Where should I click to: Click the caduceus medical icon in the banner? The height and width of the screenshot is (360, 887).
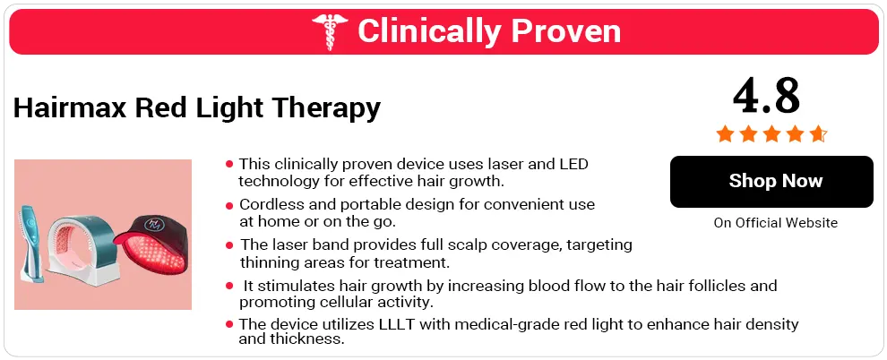(x=331, y=31)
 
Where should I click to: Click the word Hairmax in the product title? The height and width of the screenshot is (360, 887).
(x=70, y=107)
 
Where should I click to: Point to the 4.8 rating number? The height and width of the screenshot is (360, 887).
(x=767, y=96)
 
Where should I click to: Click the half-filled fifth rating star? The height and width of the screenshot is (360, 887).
(x=818, y=134)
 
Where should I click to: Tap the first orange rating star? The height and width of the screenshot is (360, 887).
(x=725, y=134)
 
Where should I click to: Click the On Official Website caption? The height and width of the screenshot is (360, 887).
(x=776, y=223)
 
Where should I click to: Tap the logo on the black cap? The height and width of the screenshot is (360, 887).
(x=154, y=224)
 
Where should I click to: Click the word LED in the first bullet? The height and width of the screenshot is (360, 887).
(x=573, y=164)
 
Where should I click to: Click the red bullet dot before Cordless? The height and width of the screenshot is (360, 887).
(x=229, y=205)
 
